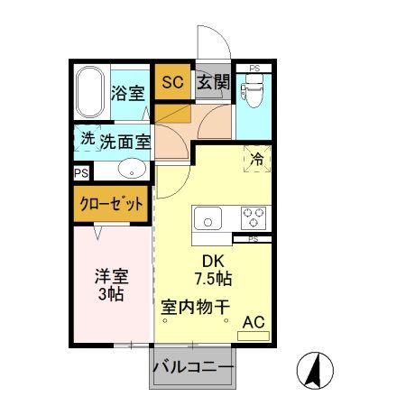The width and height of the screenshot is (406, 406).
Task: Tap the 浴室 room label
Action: pyautogui.click(x=128, y=93)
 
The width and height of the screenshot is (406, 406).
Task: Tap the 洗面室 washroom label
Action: pyautogui.click(x=125, y=142)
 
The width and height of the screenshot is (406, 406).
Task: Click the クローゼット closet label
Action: pyautogui.click(x=109, y=205)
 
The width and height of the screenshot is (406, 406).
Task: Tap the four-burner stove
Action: pyautogui.click(x=254, y=219)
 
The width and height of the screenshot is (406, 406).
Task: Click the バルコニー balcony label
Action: pyautogui.click(x=192, y=368)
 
